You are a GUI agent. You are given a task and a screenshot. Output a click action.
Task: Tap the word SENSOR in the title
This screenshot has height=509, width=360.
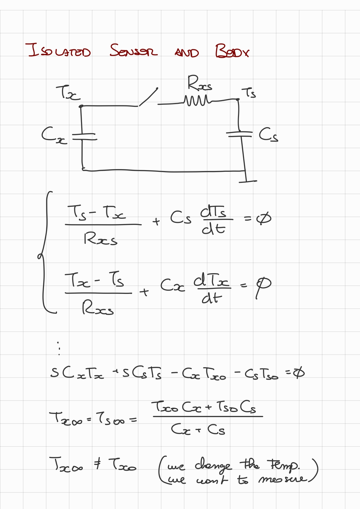click(x=133, y=51)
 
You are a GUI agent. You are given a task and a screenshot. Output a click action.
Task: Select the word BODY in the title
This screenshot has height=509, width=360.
click(x=232, y=51)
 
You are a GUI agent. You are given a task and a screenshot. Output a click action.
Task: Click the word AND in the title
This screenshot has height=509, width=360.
click(x=187, y=53)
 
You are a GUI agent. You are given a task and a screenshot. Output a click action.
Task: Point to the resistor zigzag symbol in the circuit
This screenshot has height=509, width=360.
click(x=197, y=100)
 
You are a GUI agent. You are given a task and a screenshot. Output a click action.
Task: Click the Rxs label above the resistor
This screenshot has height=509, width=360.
click(x=199, y=83)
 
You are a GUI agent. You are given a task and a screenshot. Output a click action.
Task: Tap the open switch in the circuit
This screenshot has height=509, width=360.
click(x=148, y=97)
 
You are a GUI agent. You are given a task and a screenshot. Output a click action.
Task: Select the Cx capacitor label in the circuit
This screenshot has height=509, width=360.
click(x=53, y=135)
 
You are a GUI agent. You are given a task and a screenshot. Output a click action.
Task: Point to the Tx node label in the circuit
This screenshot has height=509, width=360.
click(x=68, y=92)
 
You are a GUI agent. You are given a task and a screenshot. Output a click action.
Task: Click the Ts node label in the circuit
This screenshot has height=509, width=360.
click(x=249, y=92)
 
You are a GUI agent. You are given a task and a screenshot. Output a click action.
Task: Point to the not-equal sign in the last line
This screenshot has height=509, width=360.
click(x=97, y=464)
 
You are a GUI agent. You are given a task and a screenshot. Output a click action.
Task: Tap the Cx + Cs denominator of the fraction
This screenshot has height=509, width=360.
click(x=198, y=429)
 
